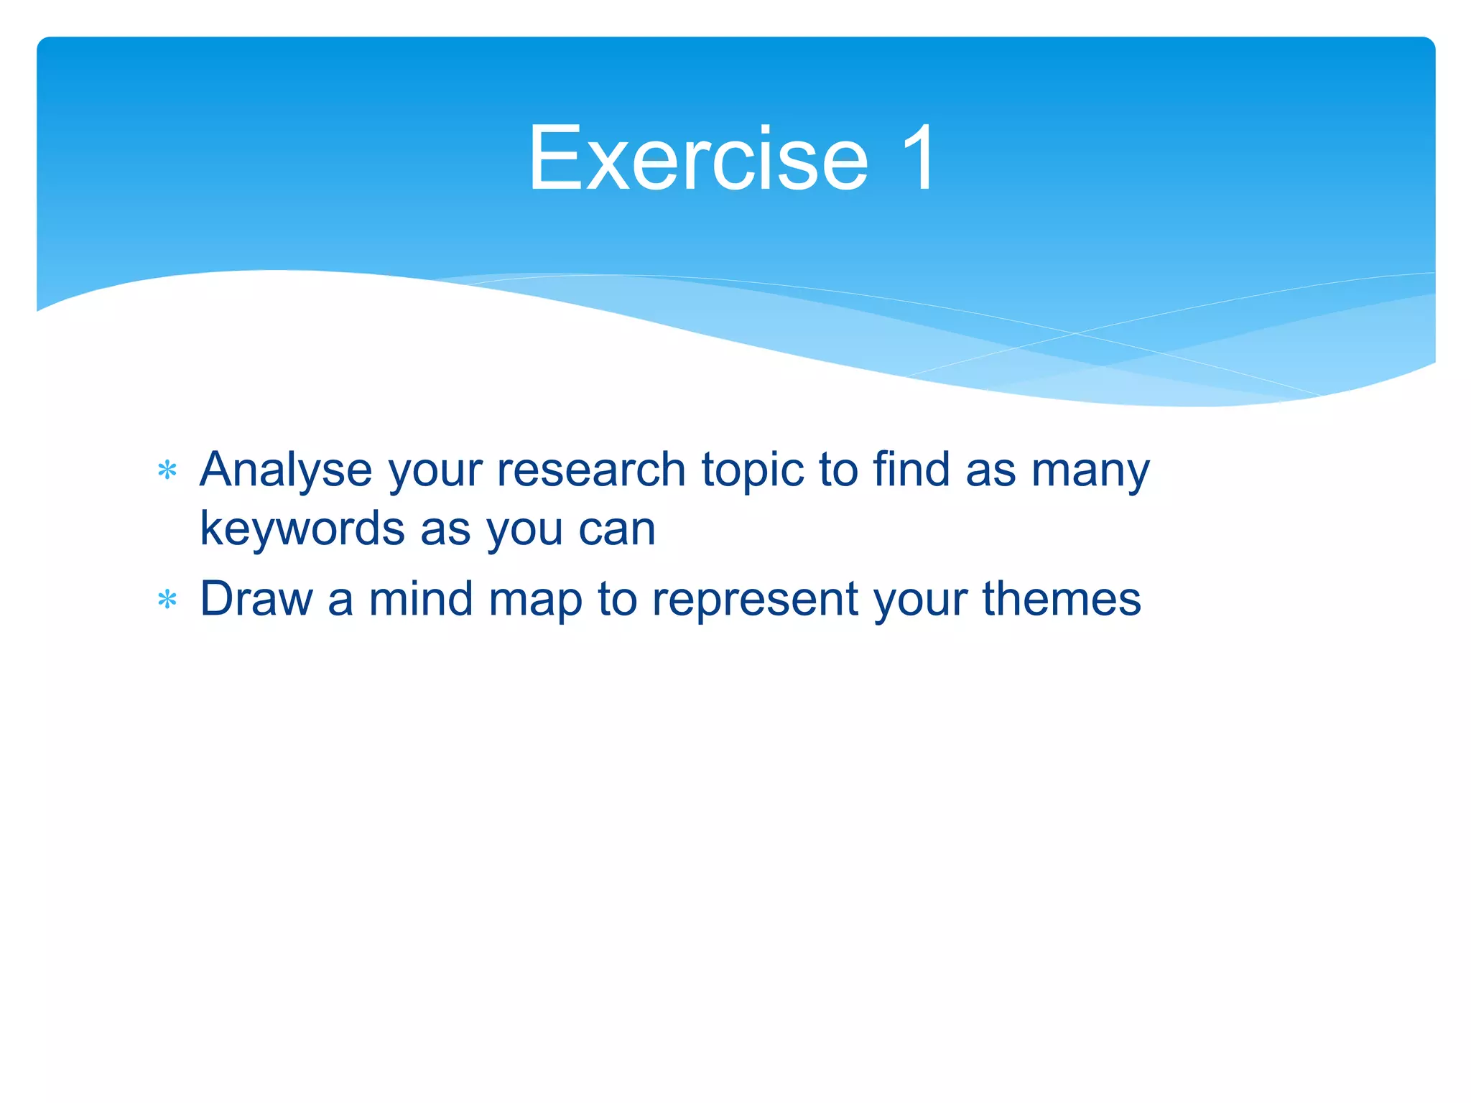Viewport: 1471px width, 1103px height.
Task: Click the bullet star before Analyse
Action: click(167, 471)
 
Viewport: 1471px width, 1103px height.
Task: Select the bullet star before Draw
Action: click(167, 600)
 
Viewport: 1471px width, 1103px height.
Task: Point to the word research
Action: click(590, 470)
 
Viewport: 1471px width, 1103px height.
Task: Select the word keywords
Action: click(302, 529)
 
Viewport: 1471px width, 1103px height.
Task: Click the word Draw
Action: click(256, 598)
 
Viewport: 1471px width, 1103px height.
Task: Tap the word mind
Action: click(420, 598)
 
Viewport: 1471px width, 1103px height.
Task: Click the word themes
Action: click(1061, 598)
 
